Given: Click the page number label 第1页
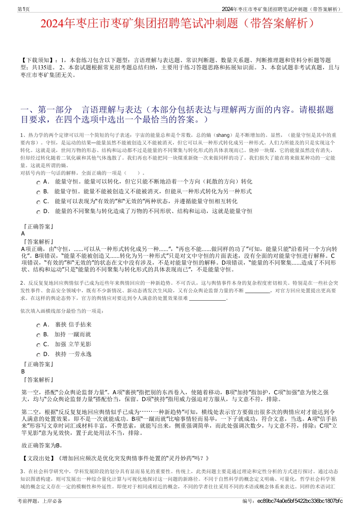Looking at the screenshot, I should click(x=23, y=9).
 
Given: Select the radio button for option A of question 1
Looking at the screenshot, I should click(x=38, y=182).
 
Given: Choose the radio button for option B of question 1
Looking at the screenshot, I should click(x=38, y=192).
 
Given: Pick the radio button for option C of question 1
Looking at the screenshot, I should click(x=38, y=202).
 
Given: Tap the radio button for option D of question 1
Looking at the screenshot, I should click(x=38, y=212).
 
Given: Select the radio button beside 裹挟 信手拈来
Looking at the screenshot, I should click(x=38, y=325).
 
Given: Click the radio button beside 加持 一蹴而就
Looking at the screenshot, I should click(x=38, y=335).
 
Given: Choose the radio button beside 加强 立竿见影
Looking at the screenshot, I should click(x=38, y=345).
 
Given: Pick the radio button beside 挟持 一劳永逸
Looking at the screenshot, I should click(x=38, y=355).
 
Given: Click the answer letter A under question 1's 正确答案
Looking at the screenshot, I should click(x=23, y=234).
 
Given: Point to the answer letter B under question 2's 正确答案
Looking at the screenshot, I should click(x=23, y=372).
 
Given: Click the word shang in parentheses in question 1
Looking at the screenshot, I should click(x=223, y=135).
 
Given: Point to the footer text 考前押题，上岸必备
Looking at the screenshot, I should click(x=40, y=501).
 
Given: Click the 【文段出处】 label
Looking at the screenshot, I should click(x=38, y=458).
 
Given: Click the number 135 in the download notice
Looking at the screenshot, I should click(x=43, y=67).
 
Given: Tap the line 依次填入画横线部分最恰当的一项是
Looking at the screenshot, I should click(x=62, y=311).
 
